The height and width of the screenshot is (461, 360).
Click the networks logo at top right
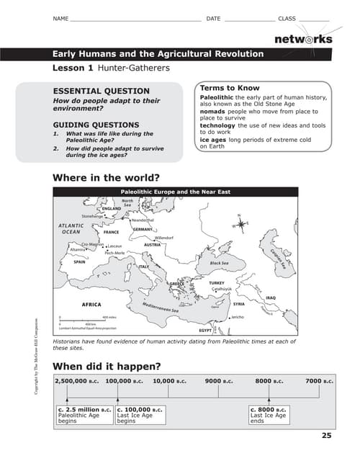click(x=302, y=39)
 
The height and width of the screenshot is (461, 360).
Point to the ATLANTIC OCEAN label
click(x=71, y=229)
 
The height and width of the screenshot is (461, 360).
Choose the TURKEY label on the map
click(x=217, y=283)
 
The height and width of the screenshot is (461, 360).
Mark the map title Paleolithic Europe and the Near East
click(x=175, y=192)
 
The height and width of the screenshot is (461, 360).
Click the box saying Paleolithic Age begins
click(x=84, y=416)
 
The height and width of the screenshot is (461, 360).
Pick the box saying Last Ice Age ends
click(x=269, y=416)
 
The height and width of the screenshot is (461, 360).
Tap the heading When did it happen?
click(x=107, y=364)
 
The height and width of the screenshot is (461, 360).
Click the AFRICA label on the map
click(x=91, y=304)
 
